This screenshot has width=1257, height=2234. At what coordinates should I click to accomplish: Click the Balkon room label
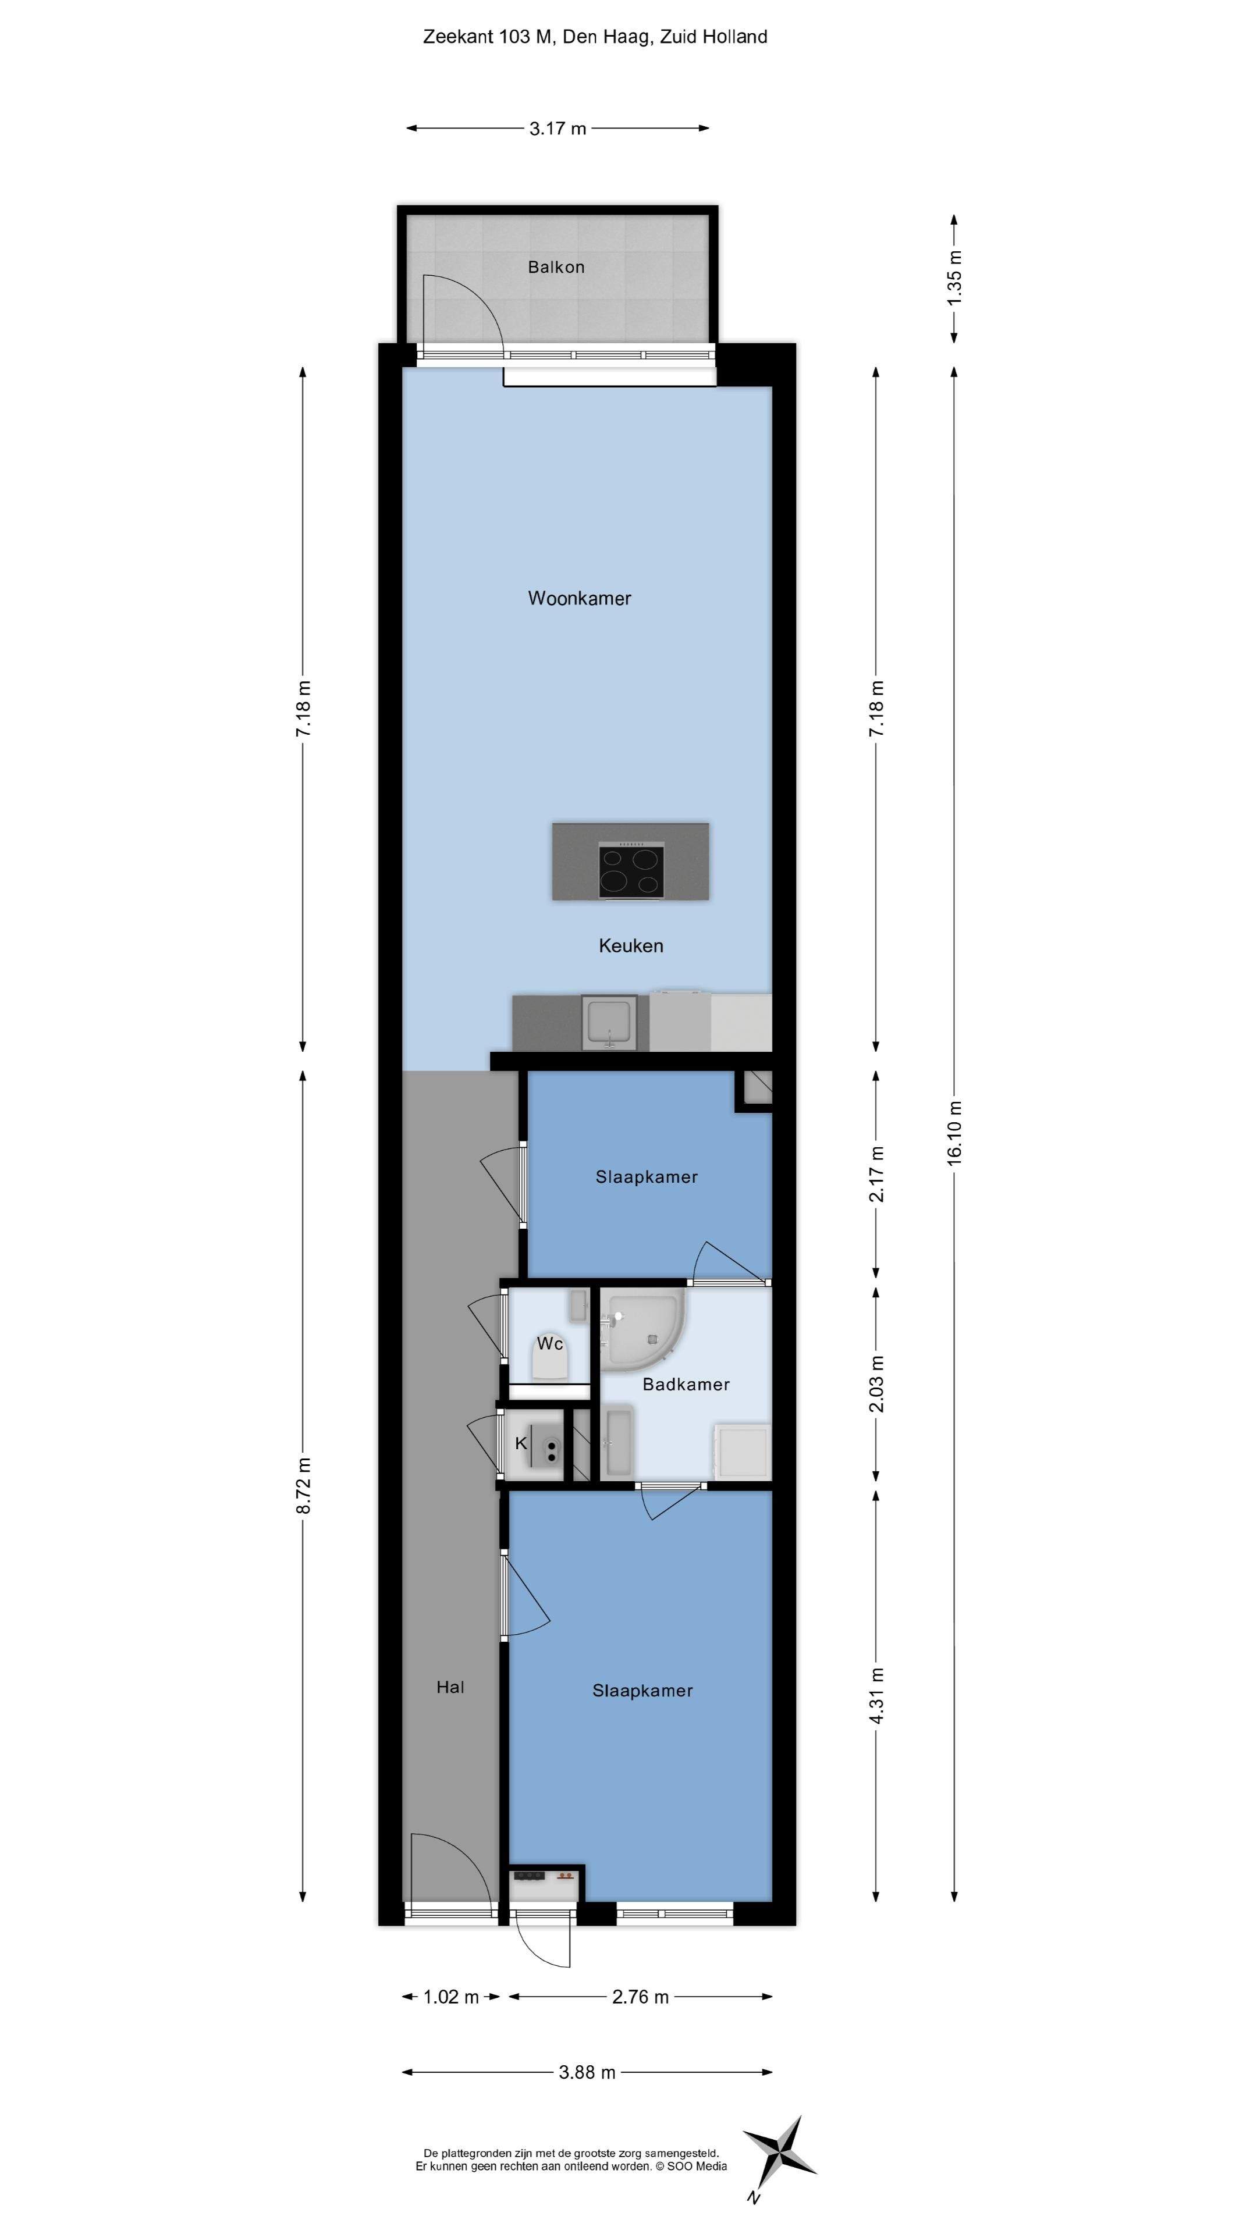(x=556, y=267)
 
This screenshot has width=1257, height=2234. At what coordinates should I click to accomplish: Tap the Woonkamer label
(x=580, y=599)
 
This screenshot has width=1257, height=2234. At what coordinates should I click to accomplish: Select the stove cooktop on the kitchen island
(x=631, y=870)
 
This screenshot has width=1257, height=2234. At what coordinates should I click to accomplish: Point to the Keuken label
(x=631, y=946)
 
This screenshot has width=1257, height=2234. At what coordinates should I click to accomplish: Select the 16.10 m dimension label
(x=955, y=1133)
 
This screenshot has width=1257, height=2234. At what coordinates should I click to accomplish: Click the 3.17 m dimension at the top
(x=558, y=129)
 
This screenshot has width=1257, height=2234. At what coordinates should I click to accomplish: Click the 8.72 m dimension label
(x=304, y=1486)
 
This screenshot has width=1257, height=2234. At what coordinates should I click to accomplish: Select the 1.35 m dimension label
(x=955, y=277)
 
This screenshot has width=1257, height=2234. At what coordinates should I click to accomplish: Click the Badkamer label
(x=686, y=1385)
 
